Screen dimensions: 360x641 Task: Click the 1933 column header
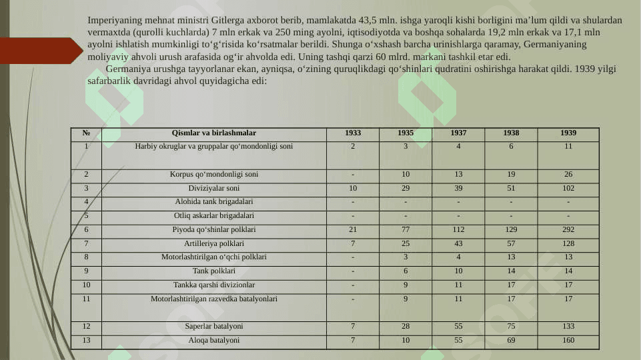point(353,133)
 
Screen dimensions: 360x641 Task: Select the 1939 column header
point(568,133)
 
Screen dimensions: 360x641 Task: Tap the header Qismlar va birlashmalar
point(213,133)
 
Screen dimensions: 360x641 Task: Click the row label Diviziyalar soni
point(214,189)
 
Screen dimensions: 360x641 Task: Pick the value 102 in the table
point(568,189)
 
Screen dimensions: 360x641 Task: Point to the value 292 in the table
point(568,230)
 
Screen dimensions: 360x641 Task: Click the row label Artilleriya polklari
point(214,243)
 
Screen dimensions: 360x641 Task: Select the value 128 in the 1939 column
point(568,243)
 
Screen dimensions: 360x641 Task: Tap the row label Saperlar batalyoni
point(214,327)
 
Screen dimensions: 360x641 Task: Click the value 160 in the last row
point(568,341)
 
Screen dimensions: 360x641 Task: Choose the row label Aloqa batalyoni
point(214,341)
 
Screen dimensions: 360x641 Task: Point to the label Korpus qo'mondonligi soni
point(214,175)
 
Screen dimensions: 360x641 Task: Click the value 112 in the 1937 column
point(458,230)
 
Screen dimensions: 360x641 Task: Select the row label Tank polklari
point(214,271)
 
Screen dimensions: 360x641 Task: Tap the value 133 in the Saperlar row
point(568,327)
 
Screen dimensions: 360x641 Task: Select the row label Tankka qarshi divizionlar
point(214,285)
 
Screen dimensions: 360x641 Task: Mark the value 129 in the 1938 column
point(511,230)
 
